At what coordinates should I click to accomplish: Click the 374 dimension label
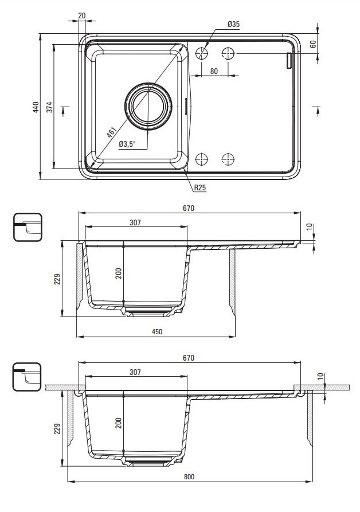(x=49, y=107)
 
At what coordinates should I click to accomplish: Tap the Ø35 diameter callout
(x=233, y=24)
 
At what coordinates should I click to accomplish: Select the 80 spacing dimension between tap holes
(x=214, y=71)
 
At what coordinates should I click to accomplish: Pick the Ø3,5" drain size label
(x=126, y=144)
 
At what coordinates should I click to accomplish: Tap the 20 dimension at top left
(x=82, y=15)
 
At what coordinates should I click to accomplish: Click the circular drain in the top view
(x=148, y=106)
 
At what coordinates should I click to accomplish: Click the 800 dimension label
(x=189, y=477)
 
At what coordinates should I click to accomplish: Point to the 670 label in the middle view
(x=189, y=209)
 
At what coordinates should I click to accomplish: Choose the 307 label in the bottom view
(x=135, y=372)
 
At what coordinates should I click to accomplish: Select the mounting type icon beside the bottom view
(x=26, y=376)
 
